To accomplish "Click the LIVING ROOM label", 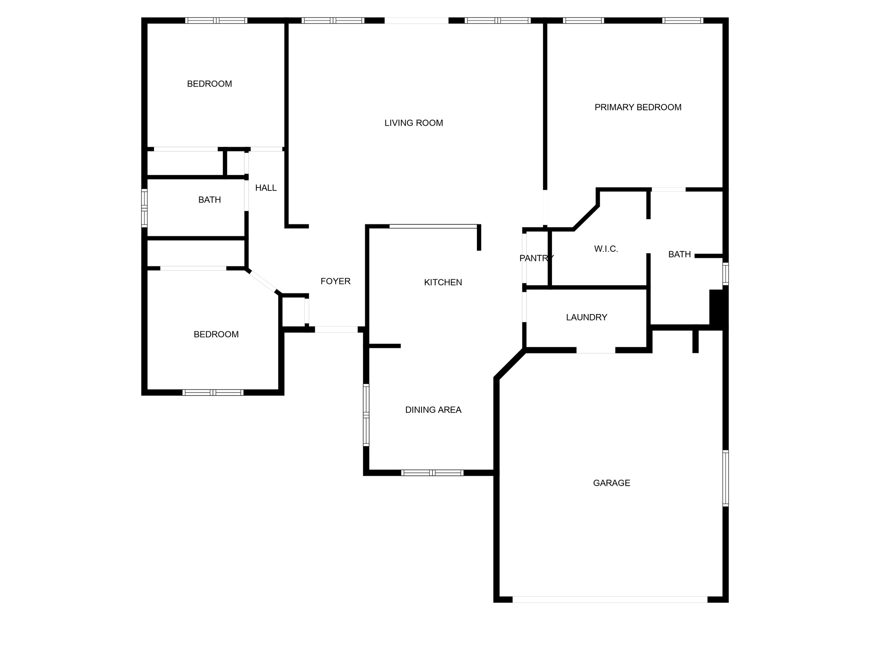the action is [x=414, y=123].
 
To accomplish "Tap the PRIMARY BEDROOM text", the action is [x=638, y=107].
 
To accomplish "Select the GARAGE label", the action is [x=612, y=483].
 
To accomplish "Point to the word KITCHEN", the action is [x=443, y=282].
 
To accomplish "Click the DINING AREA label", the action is [x=433, y=410].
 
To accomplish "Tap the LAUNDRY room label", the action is [x=586, y=317].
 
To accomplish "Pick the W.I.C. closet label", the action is [x=606, y=249].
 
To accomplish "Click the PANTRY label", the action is [x=536, y=258].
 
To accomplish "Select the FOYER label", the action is [x=336, y=281].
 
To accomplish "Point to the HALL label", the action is [x=266, y=188].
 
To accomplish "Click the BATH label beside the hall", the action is [x=209, y=200].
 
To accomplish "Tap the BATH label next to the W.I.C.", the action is [x=679, y=254].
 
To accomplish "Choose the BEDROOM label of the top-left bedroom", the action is [x=209, y=84].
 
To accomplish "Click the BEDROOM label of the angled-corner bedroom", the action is [x=216, y=335].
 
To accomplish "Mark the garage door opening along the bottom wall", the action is [x=610, y=599].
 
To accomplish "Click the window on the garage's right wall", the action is [x=725, y=478].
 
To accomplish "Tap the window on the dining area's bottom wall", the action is [x=432, y=473].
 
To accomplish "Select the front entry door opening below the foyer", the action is [x=336, y=329].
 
